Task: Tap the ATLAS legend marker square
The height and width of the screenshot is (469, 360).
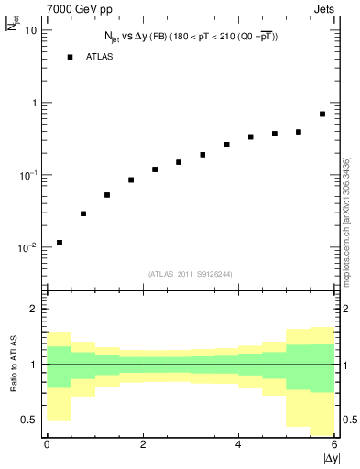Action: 69,57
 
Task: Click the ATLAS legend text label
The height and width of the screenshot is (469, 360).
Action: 100,57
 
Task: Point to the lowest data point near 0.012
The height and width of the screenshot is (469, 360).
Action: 60,243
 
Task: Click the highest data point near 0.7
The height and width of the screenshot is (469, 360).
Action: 322,115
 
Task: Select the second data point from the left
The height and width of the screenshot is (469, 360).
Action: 83,213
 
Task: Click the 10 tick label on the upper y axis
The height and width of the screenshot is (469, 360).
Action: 30,30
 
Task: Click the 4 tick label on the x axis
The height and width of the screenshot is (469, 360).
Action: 238,444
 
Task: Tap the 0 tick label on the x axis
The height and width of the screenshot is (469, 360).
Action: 47,444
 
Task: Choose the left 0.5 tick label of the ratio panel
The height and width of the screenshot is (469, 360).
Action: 29,420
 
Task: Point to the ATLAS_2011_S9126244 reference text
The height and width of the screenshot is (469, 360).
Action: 191,273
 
